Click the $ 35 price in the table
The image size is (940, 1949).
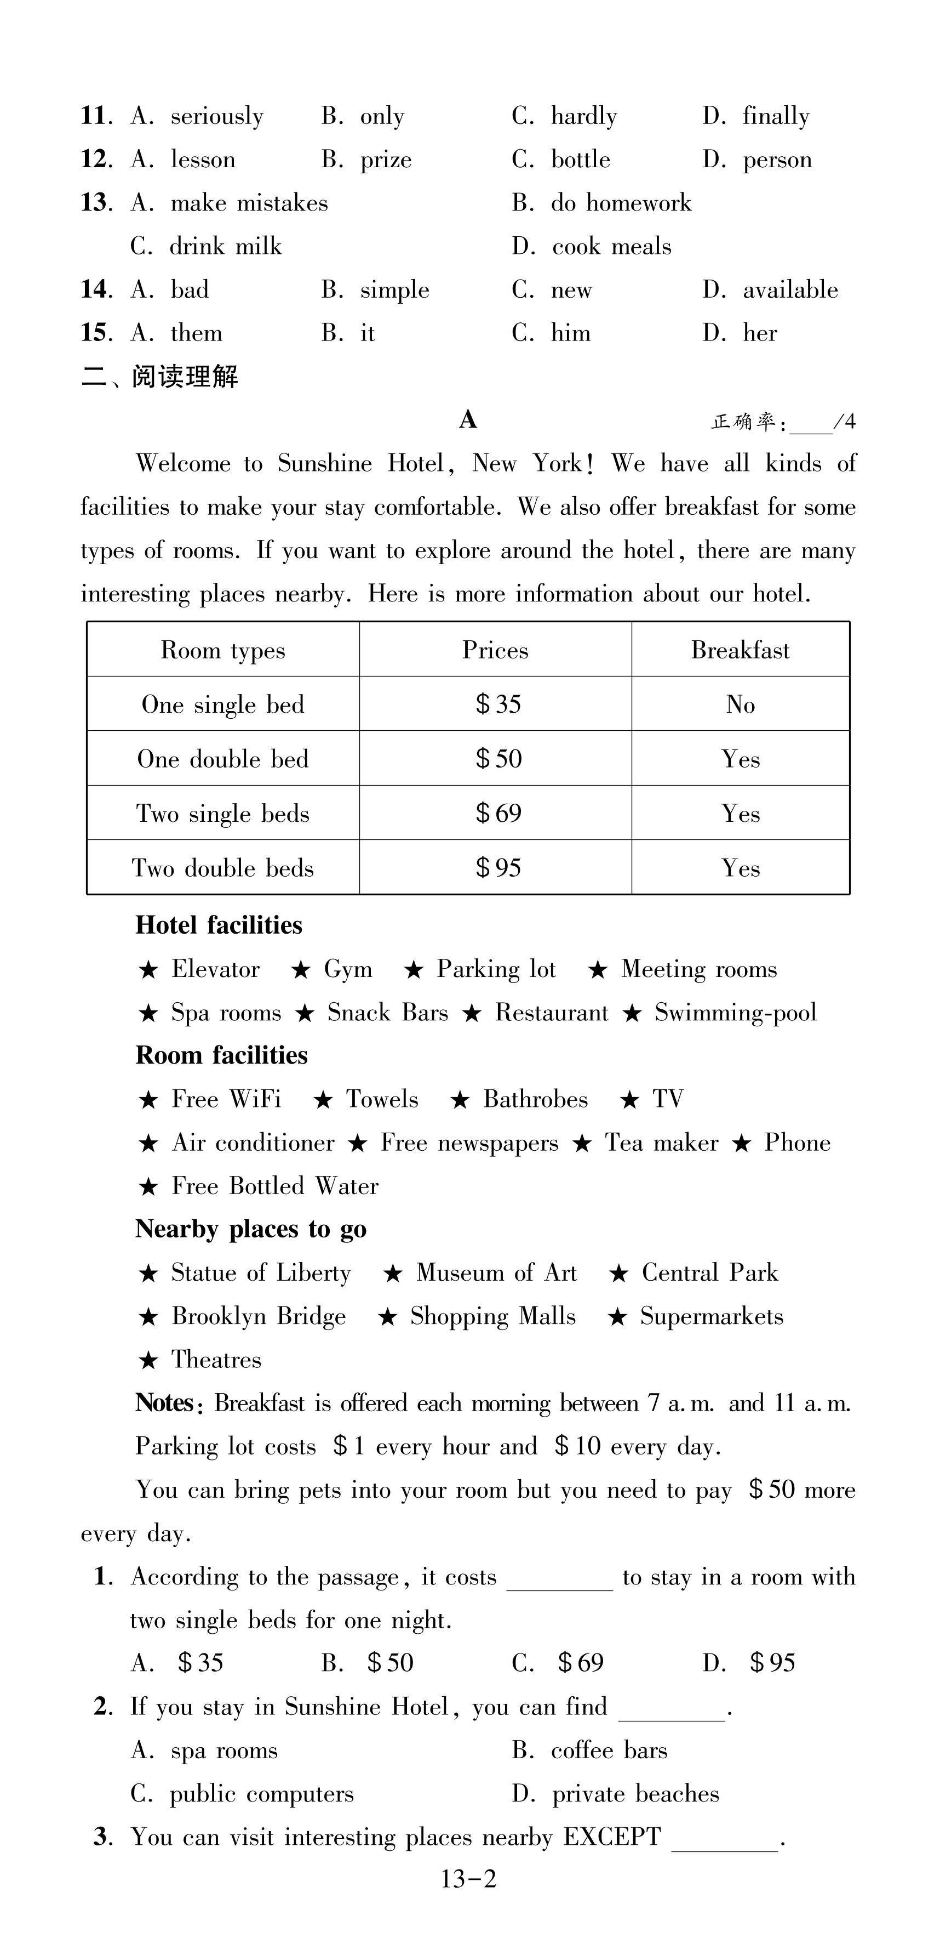498,704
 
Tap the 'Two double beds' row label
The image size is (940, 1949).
222,868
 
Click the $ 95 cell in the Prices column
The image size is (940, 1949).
498,868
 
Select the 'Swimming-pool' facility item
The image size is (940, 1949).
735,1013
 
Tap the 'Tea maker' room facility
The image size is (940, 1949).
661,1143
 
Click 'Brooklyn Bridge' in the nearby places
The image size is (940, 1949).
258,1316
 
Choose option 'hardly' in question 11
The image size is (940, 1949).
583,116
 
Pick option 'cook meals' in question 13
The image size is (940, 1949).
611,247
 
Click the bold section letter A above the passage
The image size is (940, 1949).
468,419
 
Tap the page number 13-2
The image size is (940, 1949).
469,1879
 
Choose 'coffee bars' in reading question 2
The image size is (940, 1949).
609,1750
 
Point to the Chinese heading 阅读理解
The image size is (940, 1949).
185,376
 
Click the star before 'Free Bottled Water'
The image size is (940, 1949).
148,1187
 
